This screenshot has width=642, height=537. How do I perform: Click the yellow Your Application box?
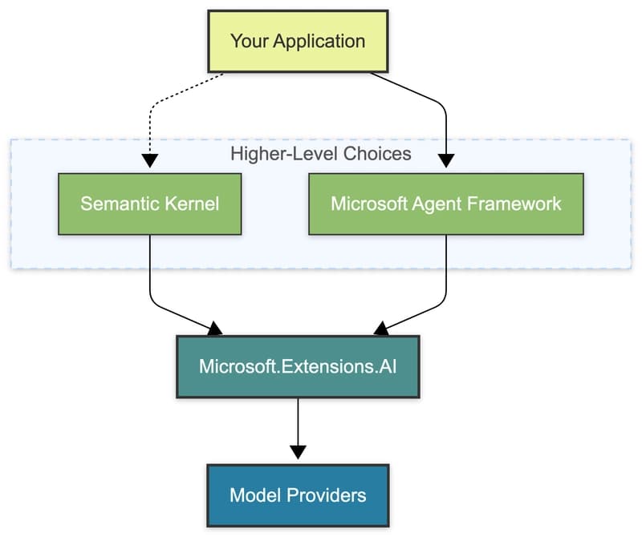coord(298,41)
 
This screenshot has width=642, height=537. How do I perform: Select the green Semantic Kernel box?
coord(150,203)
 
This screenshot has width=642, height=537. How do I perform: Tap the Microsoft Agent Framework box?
coord(446,203)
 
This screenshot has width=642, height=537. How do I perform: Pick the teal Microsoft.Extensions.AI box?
coord(298,365)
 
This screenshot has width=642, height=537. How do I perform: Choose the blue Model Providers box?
coord(298,495)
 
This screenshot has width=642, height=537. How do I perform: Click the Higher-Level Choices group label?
coord(321,154)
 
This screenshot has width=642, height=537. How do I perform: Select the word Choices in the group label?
coord(378,154)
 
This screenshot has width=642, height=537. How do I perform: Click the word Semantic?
coord(118,203)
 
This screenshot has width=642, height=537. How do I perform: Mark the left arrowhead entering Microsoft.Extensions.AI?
coord(215,328)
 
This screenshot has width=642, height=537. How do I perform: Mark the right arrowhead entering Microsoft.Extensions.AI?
coord(381,328)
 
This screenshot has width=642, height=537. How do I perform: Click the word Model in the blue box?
coord(254,495)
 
